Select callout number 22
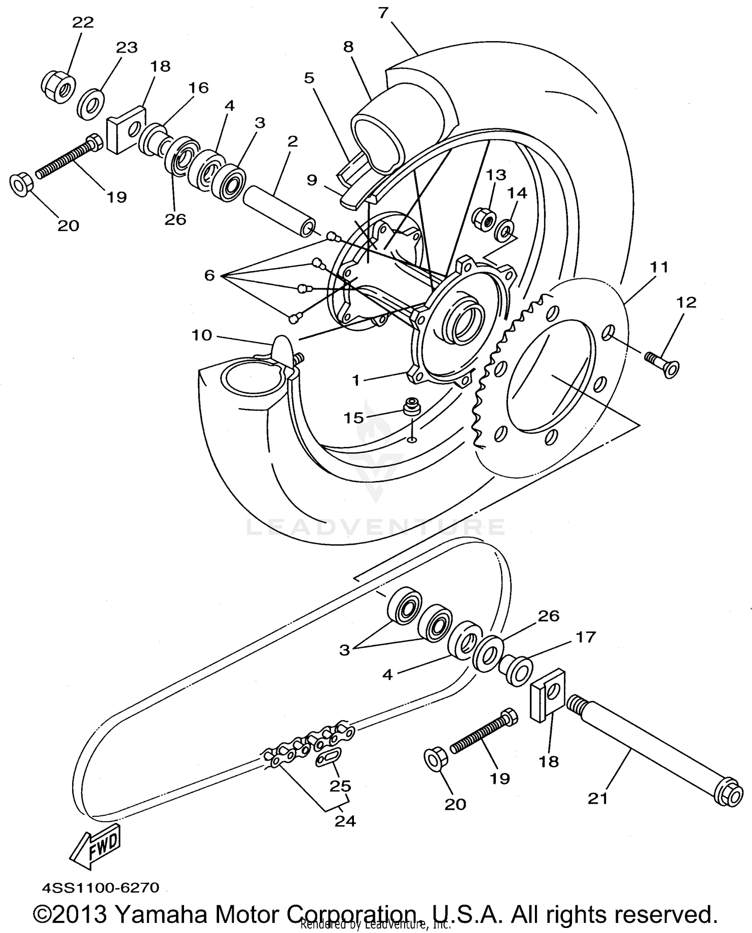[x=83, y=23]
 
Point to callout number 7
[x=383, y=13]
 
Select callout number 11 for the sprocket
[x=659, y=268]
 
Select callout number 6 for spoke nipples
[x=210, y=275]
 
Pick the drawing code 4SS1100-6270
[x=100, y=887]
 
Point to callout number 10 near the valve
[x=202, y=335]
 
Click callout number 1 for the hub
[x=356, y=380]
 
